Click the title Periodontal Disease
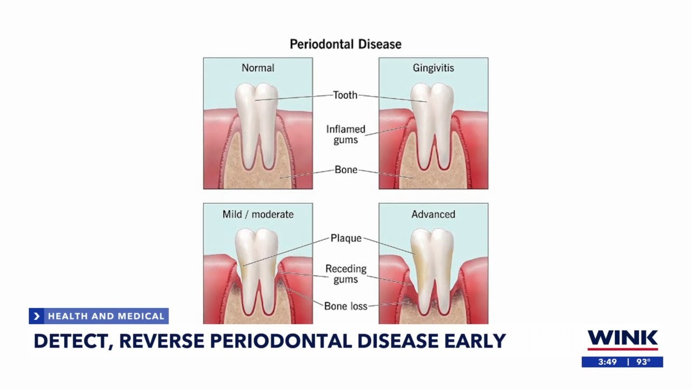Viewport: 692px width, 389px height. tap(345, 44)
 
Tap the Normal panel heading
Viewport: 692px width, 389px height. tap(258, 68)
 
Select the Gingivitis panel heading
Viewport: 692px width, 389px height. tap(433, 68)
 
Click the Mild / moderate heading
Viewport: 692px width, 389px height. tap(258, 214)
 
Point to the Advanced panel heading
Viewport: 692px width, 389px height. tap(433, 214)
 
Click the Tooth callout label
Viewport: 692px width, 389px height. tap(345, 95)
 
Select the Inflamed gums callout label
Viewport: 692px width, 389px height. tap(345, 135)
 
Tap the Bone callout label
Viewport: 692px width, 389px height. tap(345, 170)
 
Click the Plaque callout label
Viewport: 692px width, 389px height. tap(345, 238)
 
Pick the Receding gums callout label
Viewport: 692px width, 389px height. tap(345, 274)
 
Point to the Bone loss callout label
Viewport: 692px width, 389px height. tap(345, 306)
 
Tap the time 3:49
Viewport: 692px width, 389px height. tap(607, 362)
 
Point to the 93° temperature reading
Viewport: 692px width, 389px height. tap(643, 362)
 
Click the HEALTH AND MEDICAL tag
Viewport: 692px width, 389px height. tap(105, 316)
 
